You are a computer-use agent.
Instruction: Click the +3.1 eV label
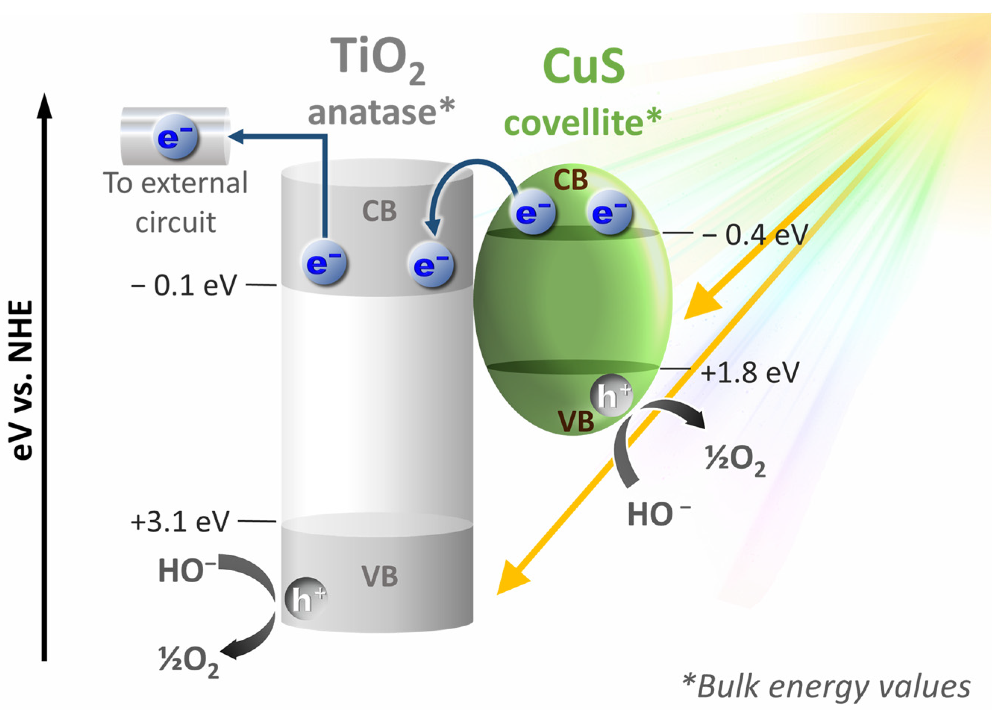pyautogui.click(x=180, y=522)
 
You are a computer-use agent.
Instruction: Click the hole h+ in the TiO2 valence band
pyautogui.click(x=305, y=599)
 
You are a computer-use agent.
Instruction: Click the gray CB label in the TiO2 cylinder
pyautogui.click(x=379, y=211)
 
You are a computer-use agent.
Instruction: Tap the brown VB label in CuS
pyautogui.click(x=576, y=421)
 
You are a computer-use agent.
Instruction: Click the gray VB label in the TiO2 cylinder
pyautogui.click(x=379, y=576)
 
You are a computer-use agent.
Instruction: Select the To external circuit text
pyautogui.click(x=176, y=202)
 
